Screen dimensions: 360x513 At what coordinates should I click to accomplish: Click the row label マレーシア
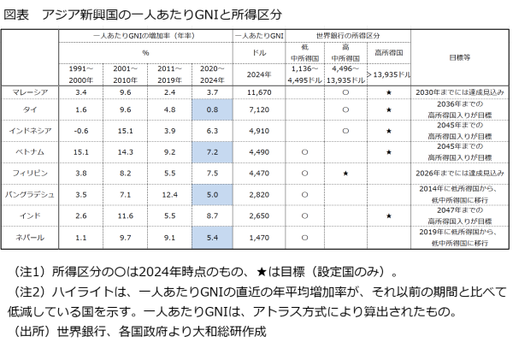point(30,91)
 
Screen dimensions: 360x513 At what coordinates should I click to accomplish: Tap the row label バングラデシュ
point(30,193)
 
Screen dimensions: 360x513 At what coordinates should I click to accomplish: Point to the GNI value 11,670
point(259,91)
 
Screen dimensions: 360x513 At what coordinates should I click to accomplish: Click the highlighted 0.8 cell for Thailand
point(214,110)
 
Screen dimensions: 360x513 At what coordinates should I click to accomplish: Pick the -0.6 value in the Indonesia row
point(81,131)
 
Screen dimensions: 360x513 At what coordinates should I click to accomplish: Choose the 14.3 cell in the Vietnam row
point(125,151)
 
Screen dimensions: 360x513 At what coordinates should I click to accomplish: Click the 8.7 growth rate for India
point(214,214)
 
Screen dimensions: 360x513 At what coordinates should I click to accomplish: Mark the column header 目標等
point(461,57)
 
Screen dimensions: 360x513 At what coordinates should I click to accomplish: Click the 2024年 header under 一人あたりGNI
point(259,74)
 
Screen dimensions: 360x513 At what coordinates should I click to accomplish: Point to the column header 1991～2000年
point(81,73)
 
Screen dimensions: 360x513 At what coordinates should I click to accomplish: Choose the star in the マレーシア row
point(389,91)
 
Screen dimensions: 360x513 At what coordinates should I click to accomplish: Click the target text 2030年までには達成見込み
point(461,91)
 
